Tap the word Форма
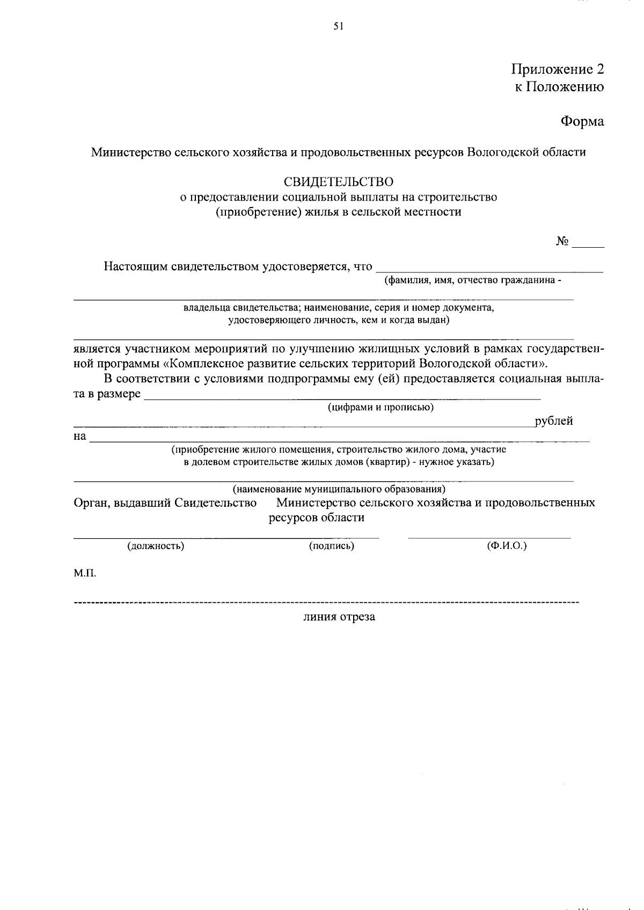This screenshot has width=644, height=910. (582, 122)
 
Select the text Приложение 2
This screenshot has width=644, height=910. (558, 69)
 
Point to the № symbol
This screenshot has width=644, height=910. (562, 241)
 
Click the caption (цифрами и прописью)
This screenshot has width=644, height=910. (381, 407)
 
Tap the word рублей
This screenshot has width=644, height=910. (554, 421)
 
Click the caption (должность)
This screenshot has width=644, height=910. (156, 546)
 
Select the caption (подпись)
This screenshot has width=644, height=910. (332, 546)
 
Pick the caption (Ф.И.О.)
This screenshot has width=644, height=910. (507, 546)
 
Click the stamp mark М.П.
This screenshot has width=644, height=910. (85, 573)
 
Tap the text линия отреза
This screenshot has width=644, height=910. (339, 617)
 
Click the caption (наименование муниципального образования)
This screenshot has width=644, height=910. (339, 489)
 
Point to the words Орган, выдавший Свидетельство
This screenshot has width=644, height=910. (165, 503)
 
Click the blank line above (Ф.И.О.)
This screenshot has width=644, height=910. (489, 536)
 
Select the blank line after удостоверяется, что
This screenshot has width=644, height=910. (489, 271)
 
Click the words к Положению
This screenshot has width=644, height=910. (560, 87)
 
